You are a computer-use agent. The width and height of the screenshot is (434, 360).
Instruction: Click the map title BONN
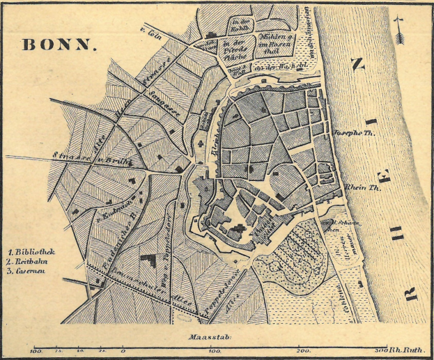click(x=58, y=45)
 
